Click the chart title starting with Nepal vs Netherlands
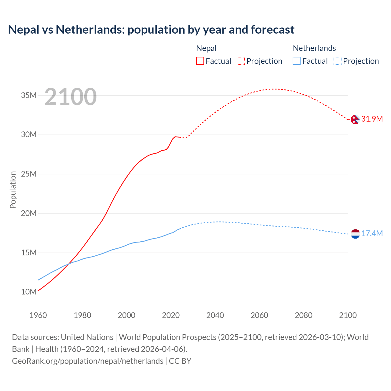pyautogui.click(x=151, y=30)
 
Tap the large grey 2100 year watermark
pyautogui.click(x=71, y=97)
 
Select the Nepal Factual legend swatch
pyautogui.click(x=200, y=61)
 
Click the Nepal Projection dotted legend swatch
pyautogui.click(x=241, y=61)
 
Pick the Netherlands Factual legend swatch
pyautogui.click(x=296, y=61)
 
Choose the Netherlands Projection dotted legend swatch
pyautogui.click(x=337, y=61)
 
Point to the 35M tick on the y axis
pyautogui.click(x=29, y=95)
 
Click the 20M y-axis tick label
pyautogui.click(x=29, y=213)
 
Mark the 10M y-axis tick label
pyautogui.click(x=29, y=292)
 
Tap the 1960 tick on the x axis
pyautogui.click(x=38, y=315)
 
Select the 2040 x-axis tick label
pyautogui.click(x=215, y=315)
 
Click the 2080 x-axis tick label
pyautogui.click(x=304, y=315)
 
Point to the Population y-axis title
pyautogui.click(x=13, y=190)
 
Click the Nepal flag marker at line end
pyautogui.click(x=355, y=119)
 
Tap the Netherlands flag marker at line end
pyautogui.click(x=355, y=234)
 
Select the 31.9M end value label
pyautogui.click(x=372, y=119)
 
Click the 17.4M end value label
pyautogui.click(x=372, y=234)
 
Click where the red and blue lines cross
pyautogui.click(x=68, y=264)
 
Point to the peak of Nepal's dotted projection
pyautogui.click(x=275, y=89)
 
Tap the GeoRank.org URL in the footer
pyautogui.click(x=88, y=361)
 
